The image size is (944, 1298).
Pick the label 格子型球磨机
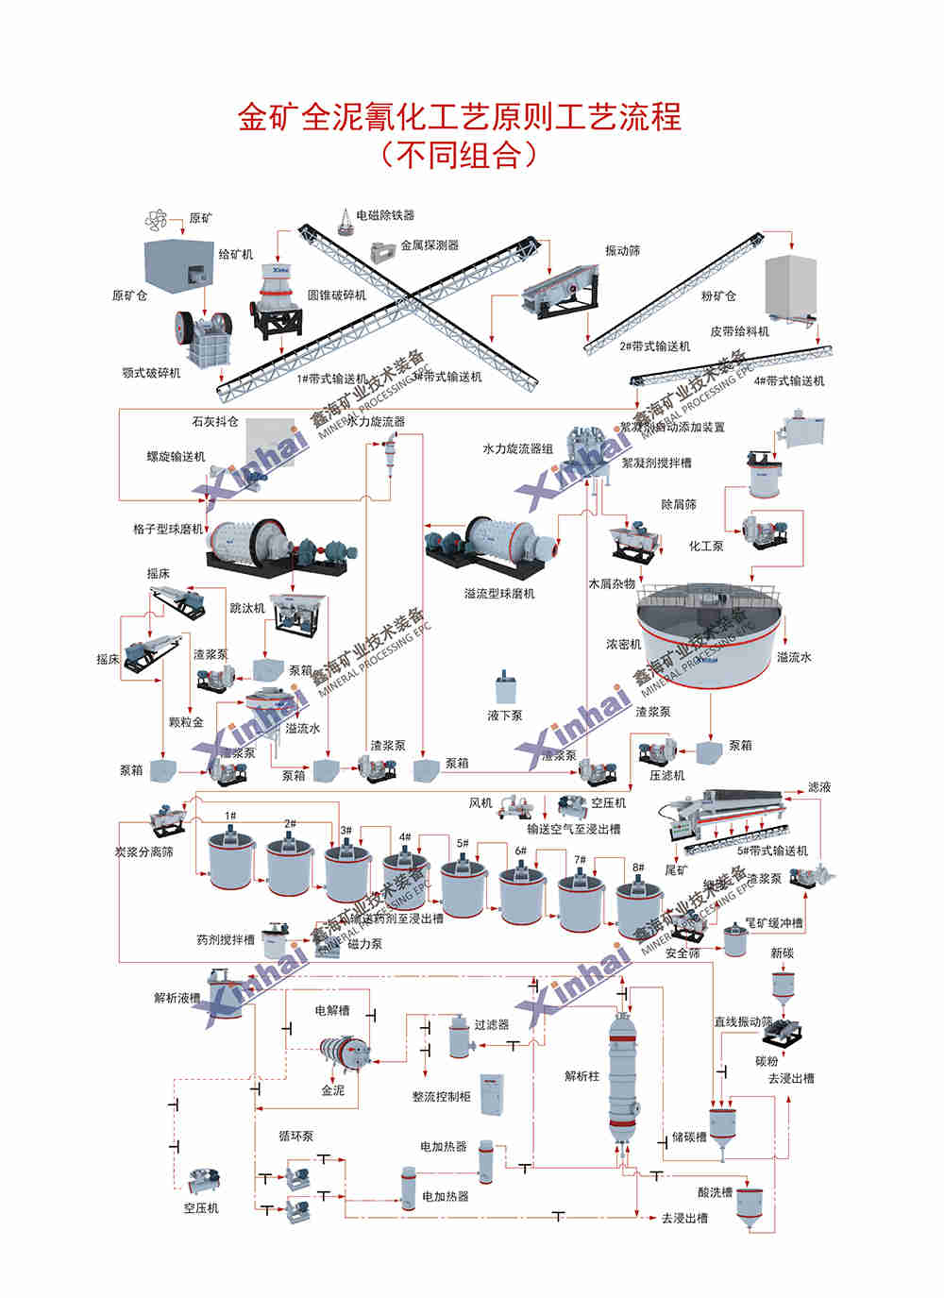(x=168, y=530)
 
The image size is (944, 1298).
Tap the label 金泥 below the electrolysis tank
(x=333, y=1090)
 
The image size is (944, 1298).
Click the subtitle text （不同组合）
(x=459, y=154)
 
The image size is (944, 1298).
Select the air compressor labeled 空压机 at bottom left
(x=204, y=1182)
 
